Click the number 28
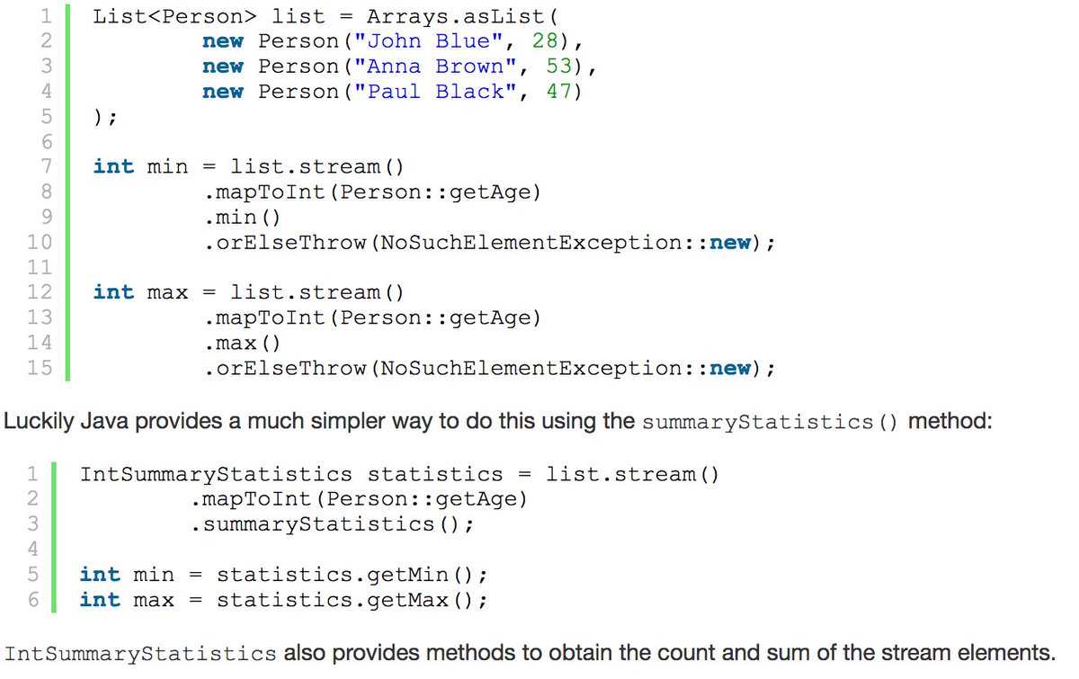(x=560, y=41)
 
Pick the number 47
(x=560, y=92)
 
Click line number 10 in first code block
(x=40, y=242)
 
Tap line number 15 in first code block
(x=40, y=368)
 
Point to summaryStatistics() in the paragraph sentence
(x=770, y=422)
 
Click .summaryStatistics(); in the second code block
(x=332, y=524)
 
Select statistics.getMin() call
(x=352, y=575)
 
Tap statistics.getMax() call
(x=352, y=600)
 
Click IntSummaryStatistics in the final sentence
(x=141, y=654)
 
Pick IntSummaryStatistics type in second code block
(x=216, y=474)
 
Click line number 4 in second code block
(x=33, y=549)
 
